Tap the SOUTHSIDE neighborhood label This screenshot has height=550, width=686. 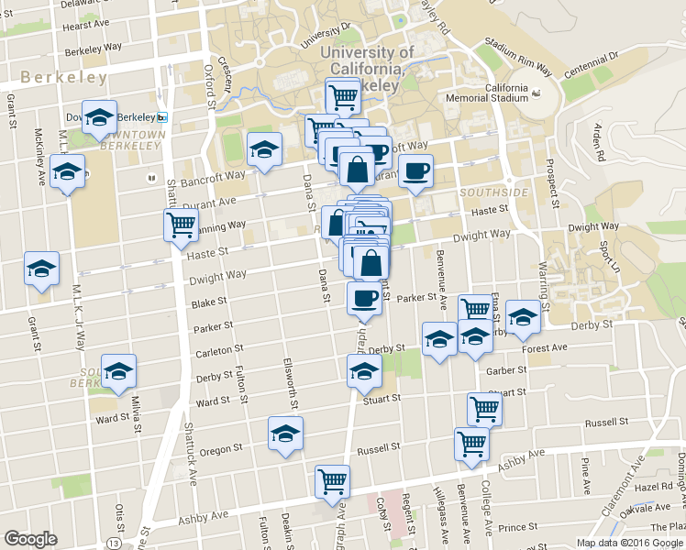[x=493, y=192]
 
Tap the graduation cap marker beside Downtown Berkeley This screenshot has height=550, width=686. [x=99, y=118]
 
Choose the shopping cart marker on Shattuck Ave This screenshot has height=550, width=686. [x=181, y=225]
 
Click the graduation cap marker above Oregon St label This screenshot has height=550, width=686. [x=285, y=434]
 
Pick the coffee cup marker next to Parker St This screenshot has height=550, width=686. [x=364, y=298]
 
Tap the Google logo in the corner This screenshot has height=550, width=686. [x=30, y=539]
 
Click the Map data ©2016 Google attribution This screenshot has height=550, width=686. [x=630, y=543]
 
